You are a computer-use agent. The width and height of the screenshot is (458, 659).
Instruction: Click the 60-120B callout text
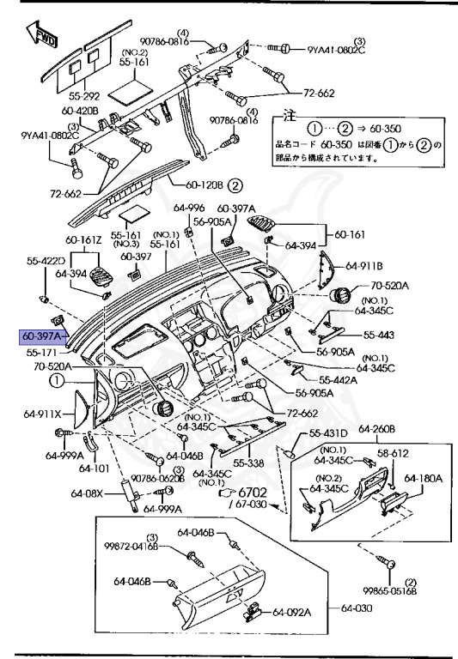point(205,184)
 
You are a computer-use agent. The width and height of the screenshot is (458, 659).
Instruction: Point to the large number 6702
point(252,493)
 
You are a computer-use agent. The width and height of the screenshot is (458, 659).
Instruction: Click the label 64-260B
point(376,429)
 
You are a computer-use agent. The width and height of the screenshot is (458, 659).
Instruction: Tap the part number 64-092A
point(292,612)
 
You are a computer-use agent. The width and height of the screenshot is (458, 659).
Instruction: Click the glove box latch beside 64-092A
point(254,610)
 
